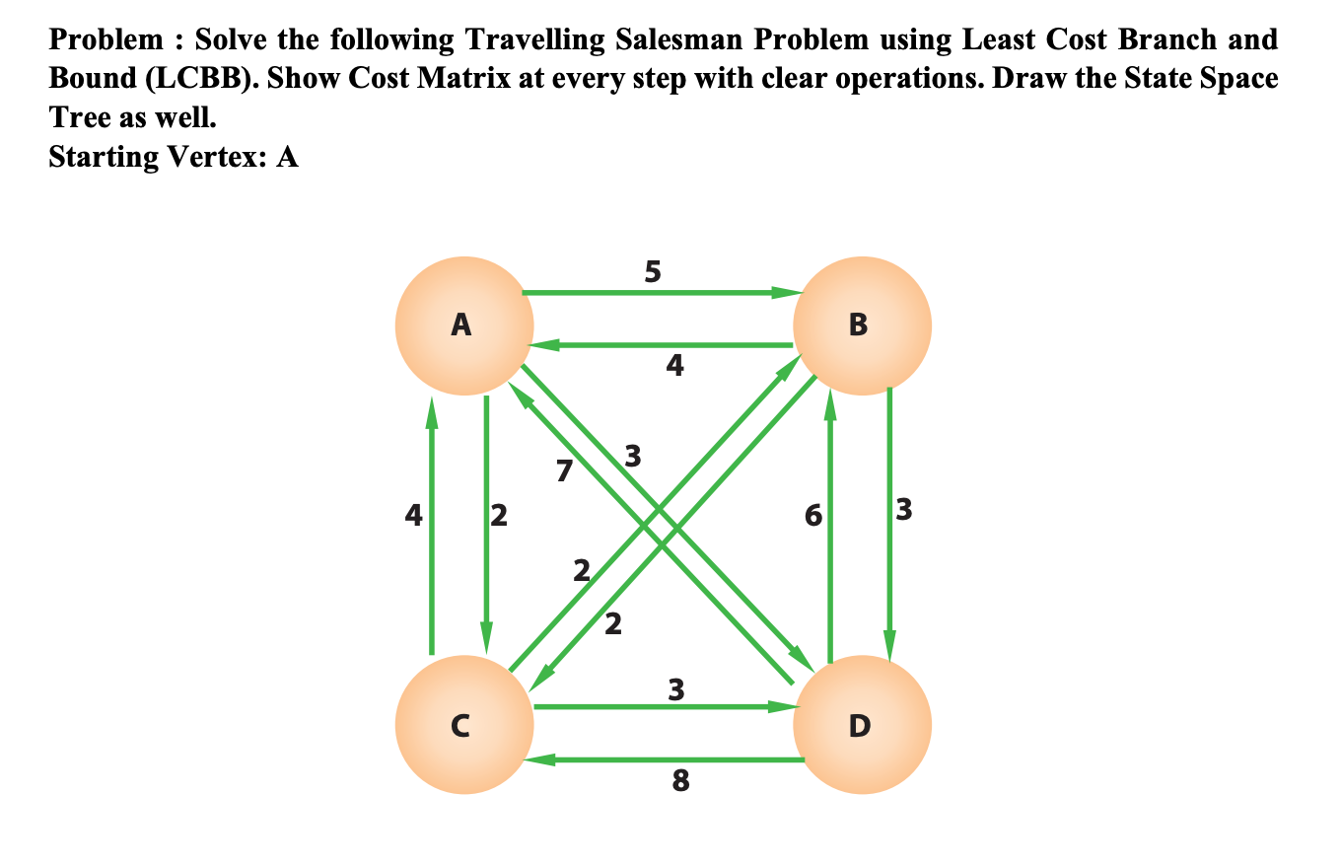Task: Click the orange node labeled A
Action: click(463, 325)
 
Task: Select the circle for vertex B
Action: click(860, 325)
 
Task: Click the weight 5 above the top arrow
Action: click(653, 271)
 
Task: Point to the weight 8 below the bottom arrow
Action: click(679, 782)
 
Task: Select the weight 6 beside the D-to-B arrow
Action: click(812, 514)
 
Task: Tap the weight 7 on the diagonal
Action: click(563, 471)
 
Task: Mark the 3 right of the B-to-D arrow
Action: click(905, 511)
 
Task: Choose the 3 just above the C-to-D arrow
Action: click(675, 689)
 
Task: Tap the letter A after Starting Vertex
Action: click(287, 157)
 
